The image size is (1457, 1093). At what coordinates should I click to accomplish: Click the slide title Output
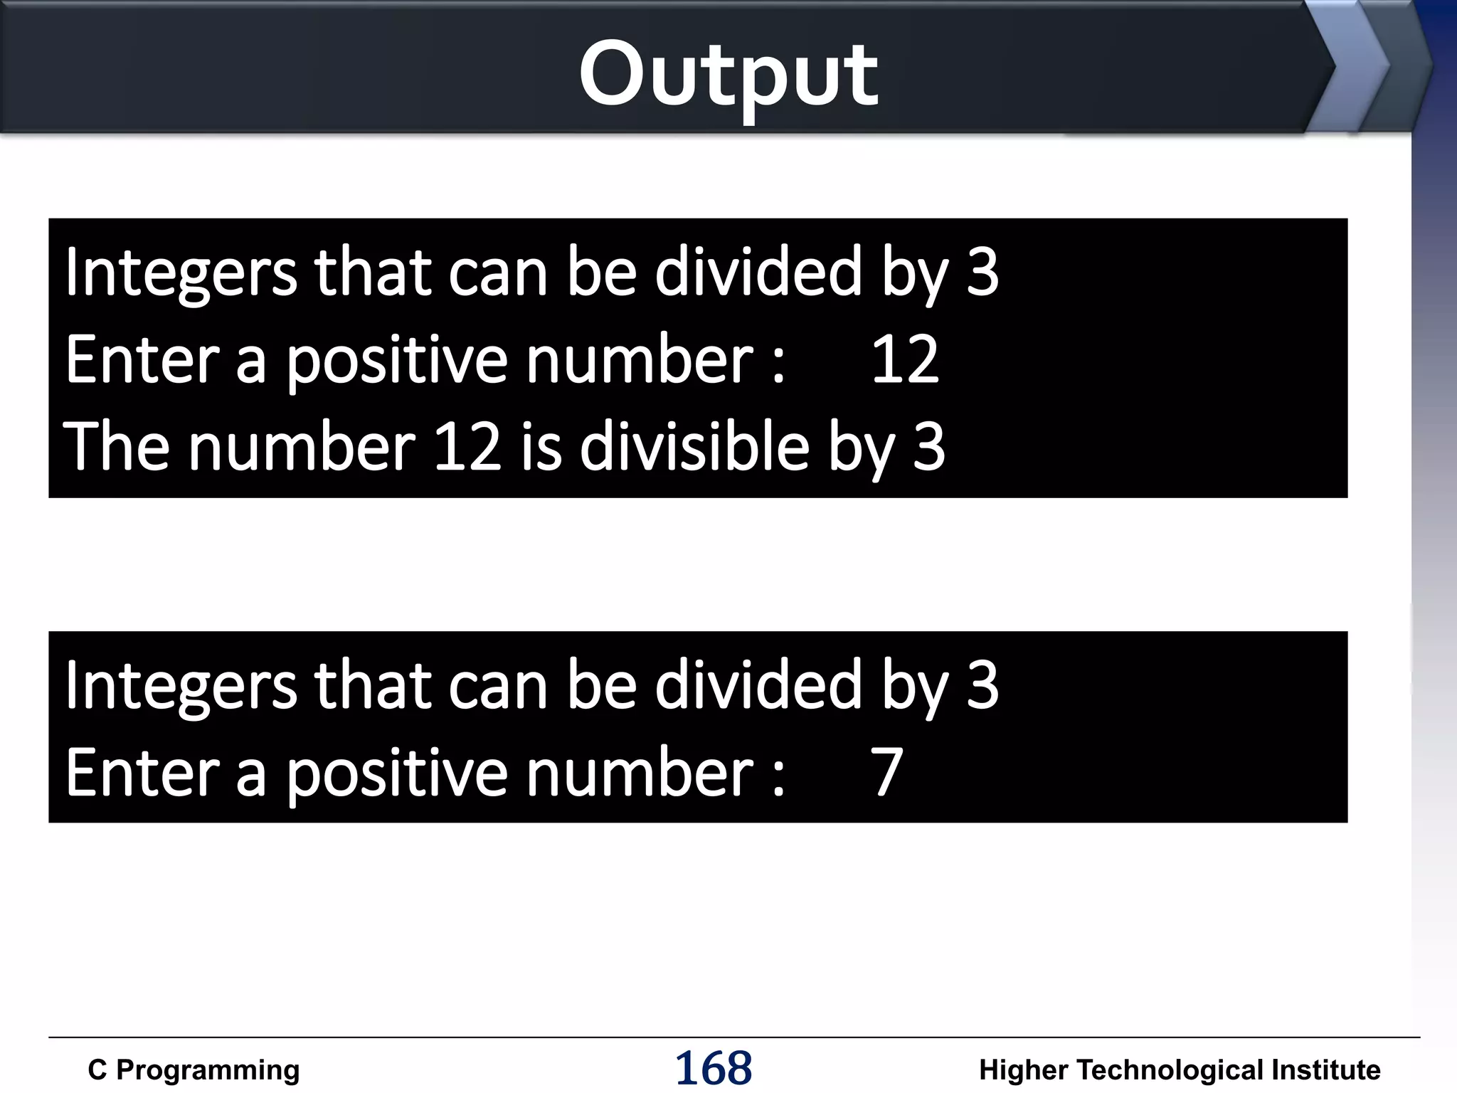point(728,74)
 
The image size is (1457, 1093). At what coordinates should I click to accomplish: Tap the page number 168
point(713,1068)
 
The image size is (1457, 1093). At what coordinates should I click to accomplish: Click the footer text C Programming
point(194,1070)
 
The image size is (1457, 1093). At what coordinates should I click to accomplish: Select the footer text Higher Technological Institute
point(1180,1070)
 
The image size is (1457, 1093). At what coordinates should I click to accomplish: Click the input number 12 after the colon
point(905,360)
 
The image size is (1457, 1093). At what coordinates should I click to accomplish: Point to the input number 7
point(886,773)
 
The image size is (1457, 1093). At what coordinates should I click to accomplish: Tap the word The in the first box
point(116,447)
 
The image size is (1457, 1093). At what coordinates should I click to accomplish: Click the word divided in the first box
point(758,272)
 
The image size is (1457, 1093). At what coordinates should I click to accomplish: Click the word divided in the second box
point(758,685)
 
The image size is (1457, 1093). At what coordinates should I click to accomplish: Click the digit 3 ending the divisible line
point(929,447)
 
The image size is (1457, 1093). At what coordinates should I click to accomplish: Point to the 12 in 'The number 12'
point(467,447)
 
